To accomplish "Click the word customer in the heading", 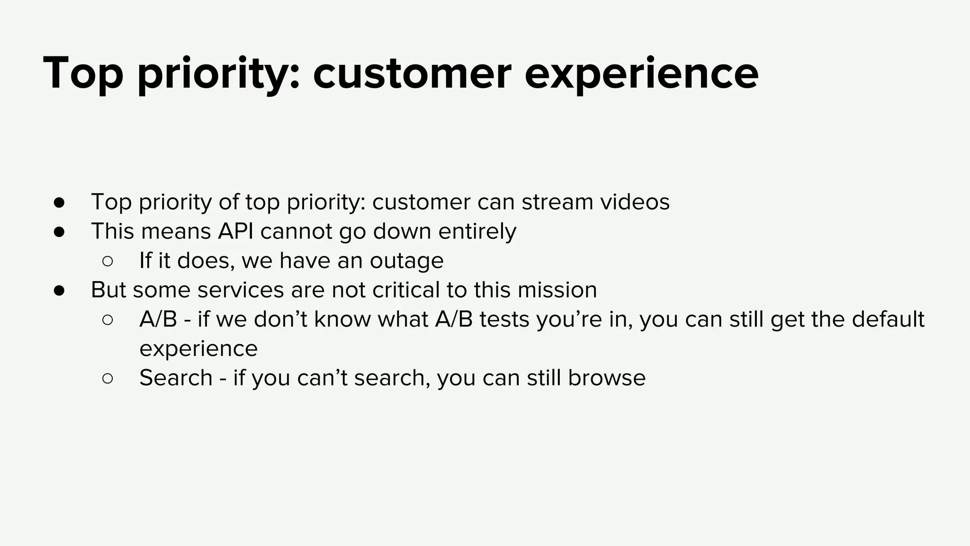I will [x=412, y=73].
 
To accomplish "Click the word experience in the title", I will [x=641, y=73].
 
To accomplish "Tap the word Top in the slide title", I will [x=83, y=73].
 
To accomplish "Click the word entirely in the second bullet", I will [x=477, y=231].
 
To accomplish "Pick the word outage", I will [x=406, y=261].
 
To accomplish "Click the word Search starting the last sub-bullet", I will [x=176, y=378].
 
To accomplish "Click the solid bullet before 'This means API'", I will [x=59, y=232].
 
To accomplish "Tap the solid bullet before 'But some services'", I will [x=59, y=291].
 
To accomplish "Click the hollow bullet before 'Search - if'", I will [x=108, y=379].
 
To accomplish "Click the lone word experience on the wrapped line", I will [x=198, y=349].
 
